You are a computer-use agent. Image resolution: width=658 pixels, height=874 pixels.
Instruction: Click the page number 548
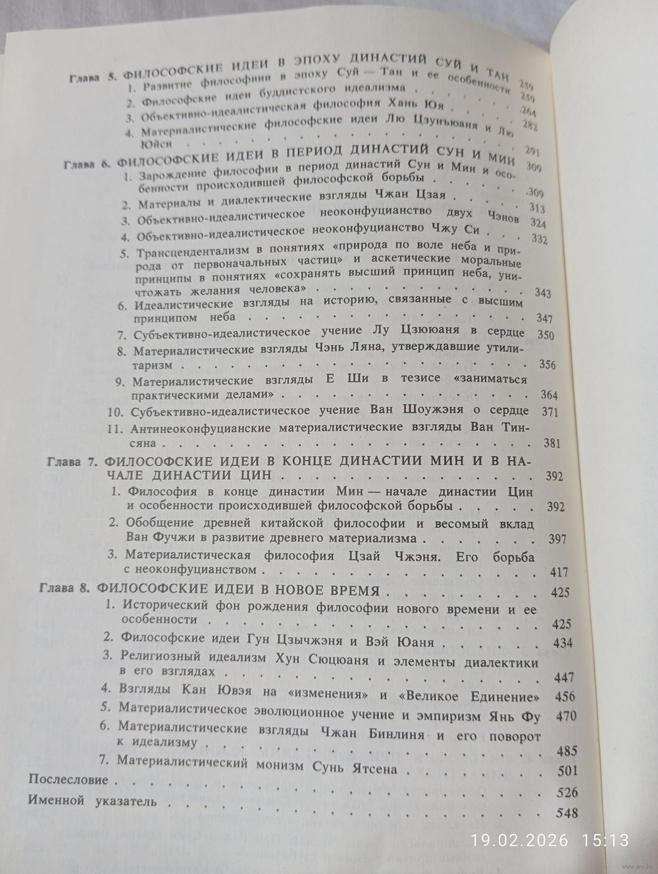coord(567,813)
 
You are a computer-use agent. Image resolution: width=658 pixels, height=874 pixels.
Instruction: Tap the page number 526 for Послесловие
coord(567,791)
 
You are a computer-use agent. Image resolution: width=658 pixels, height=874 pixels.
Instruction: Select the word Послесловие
coord(68,780)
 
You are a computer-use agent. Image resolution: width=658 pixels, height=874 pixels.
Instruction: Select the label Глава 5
coord(93,78)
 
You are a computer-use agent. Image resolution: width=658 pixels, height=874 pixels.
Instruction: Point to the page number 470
coord(565,715)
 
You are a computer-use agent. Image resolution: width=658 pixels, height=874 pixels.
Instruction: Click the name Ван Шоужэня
coord(447,411)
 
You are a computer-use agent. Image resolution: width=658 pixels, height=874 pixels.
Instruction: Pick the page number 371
coord(548,412)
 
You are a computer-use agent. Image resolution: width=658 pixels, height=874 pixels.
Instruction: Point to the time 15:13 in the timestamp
coord(605,840)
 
